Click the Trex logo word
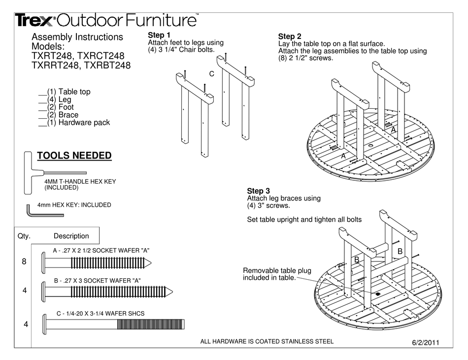click(x=35, y=20)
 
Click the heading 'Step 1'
click(x=159, y=35)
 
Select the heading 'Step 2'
click(x=290, y=36)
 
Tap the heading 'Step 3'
click(x=258, y=191)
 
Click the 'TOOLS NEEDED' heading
click(x=74, y=156)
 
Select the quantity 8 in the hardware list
click(x=24, y=262)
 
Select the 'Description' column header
click(x=71, y=236)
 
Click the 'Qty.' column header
click(x=24, y=236)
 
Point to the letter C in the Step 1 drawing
click(x=211, y=74)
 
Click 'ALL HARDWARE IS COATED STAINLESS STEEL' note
click(x=267, y=341)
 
